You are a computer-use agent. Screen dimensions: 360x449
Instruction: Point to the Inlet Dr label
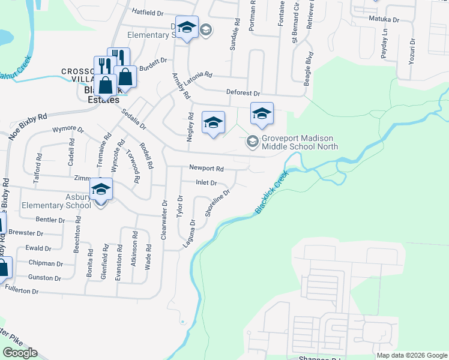click(205, 182)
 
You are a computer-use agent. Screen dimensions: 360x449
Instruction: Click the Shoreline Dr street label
click(217, 203)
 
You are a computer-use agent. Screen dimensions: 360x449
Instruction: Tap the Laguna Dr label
click(192, 230)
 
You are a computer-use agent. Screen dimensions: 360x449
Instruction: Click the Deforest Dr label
click(243, 94)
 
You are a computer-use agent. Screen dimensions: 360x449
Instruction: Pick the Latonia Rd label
click(200, 76)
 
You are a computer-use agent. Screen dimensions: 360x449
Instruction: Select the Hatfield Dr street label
click(147, 12)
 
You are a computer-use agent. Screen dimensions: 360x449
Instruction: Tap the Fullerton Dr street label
click(22, 291)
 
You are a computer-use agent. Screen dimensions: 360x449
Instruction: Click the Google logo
click(20, 353)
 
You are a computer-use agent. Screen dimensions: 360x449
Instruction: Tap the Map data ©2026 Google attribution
click(411, 355)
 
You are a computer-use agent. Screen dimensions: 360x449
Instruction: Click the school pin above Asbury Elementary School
click(101, 190)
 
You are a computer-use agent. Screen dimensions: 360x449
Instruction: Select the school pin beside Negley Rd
click(213, 124)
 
